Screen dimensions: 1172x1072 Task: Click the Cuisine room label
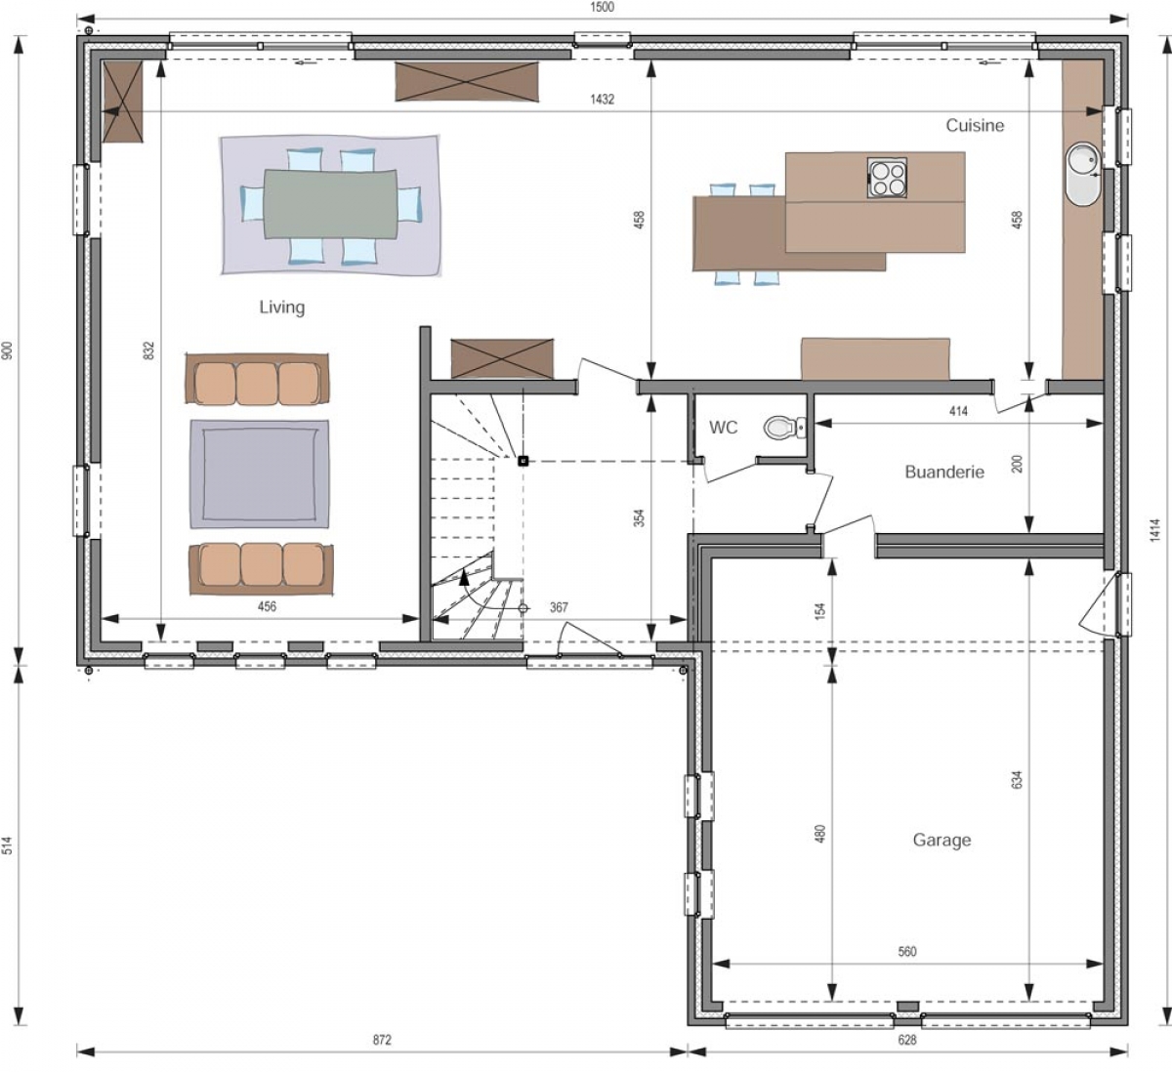coord(975,126)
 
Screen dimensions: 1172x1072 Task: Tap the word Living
coord(282,308)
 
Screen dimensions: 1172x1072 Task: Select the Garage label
coord(942,840)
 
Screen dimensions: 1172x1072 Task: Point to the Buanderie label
coord(944,472)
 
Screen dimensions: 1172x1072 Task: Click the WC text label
coord(724,428)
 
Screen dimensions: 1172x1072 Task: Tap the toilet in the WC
coord(784,428)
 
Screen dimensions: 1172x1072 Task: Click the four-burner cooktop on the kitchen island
coord(887,177)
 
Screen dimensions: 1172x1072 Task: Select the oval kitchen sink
coord(1084,174)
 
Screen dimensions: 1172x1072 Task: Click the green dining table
coord(331,204)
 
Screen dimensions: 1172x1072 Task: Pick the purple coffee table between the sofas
coord(260,474)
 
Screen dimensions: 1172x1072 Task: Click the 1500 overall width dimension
coord(603,7)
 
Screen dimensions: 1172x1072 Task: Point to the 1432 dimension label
coord(602,100)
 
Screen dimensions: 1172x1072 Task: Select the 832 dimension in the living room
coord(148,350)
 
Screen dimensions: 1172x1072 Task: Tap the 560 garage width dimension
coord(907,952)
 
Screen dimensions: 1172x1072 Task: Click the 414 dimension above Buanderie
coord(958,411)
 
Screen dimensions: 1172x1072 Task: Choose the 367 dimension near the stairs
coord(559,607)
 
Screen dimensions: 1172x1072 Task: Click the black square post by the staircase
coord(523,461)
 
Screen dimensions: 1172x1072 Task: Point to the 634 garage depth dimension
coord(1017,780)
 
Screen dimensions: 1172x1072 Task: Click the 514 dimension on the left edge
coord(7,845)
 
